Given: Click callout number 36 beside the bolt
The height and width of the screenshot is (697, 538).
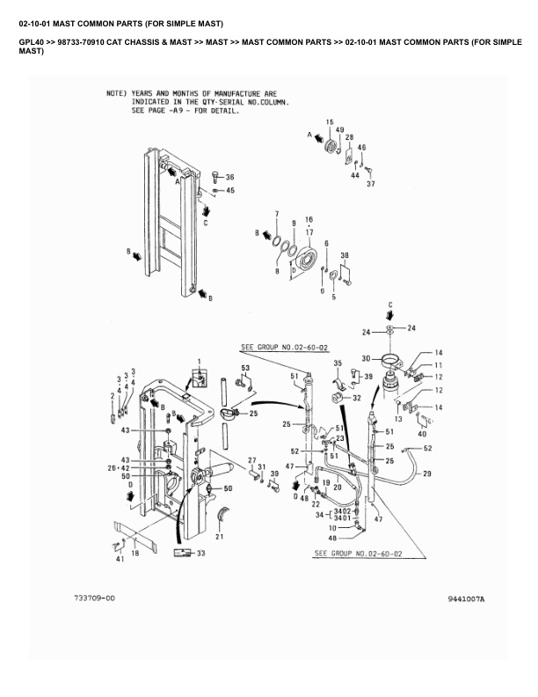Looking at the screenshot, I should click(x=230, y=177).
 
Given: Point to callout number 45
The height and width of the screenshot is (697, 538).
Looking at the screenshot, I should click(x=230, y=190).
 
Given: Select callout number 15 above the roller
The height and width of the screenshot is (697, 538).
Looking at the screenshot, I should click(x=330, y=121).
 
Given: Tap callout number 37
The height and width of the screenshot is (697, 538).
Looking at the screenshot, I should click(x=371, y=184).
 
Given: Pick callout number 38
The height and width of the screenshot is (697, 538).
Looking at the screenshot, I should click(x=345, y=255).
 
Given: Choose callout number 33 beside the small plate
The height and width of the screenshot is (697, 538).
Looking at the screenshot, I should click(x=201, y=553).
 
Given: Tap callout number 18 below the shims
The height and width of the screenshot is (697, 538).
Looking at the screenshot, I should click(x=134, y=554).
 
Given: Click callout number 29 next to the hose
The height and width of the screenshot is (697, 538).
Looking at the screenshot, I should click(x=427, y=474).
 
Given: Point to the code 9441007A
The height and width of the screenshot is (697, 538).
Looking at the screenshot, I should click(x=465, y=599).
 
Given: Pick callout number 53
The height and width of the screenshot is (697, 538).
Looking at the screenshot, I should click(x=245, y=367).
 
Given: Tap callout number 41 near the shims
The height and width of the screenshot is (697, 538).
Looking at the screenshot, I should click(x=119, y=559).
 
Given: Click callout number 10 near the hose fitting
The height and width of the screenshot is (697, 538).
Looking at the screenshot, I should click(x=331, y=527).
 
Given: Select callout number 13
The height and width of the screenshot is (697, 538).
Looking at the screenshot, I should click(x=396, y=420).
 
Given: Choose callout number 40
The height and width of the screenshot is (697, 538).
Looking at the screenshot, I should click(x=422, y=433).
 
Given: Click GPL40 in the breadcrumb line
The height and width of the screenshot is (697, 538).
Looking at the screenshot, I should click(x=31, y=41).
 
